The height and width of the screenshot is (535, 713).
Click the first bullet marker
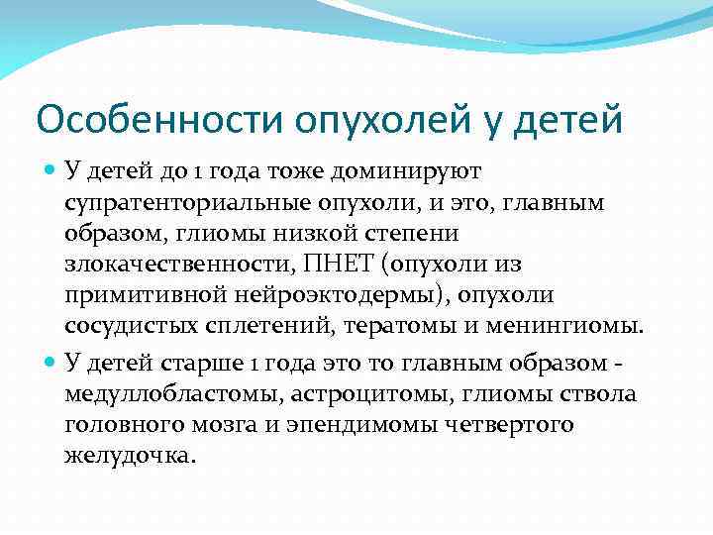(51, 171)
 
